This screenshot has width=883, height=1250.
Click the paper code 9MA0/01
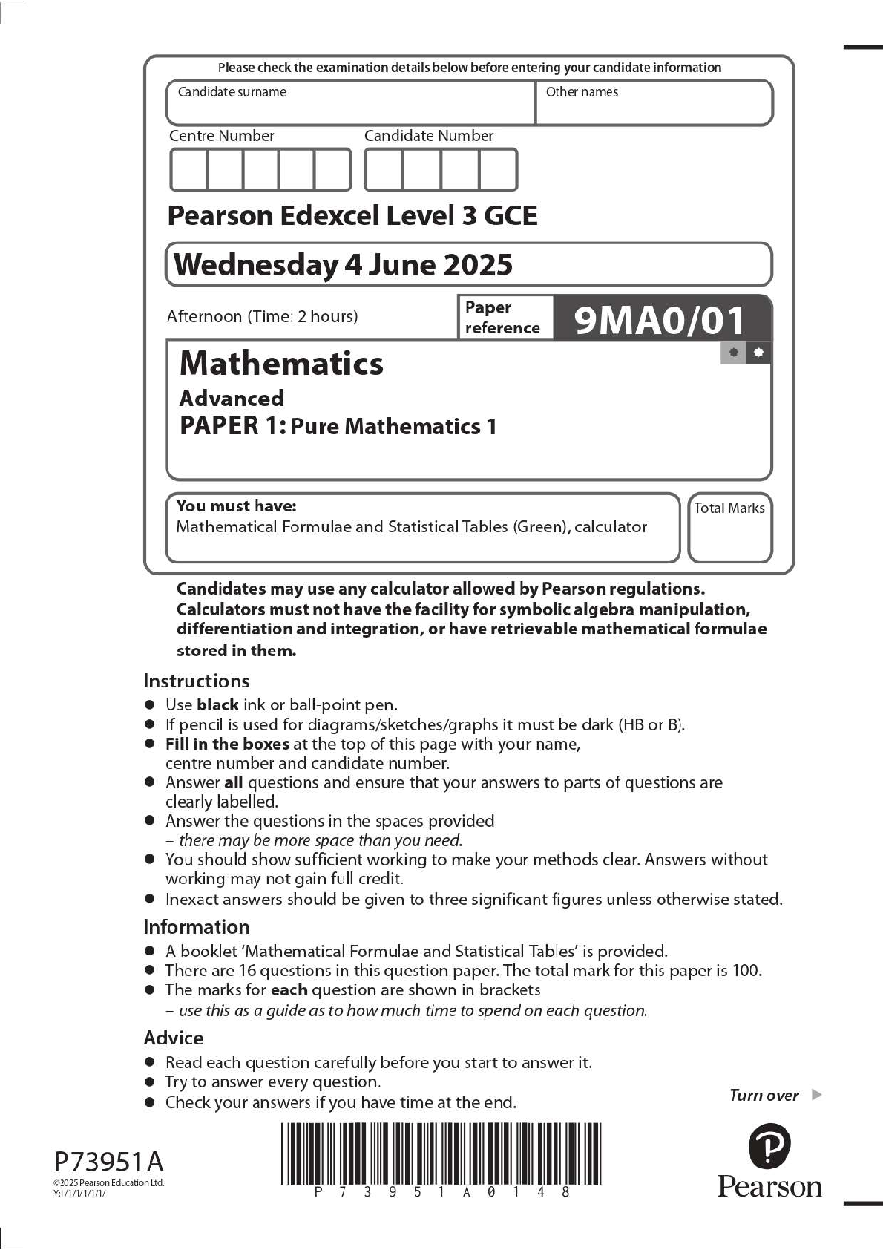(x=659, y=320)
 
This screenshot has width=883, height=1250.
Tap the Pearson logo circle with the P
(x=769, y=1146)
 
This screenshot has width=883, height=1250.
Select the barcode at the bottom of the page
(x=441, y=1154)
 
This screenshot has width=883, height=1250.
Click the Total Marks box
(x=729, y=528)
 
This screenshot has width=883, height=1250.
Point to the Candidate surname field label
(x=232, y=92)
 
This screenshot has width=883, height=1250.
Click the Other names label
(x=582, y=92)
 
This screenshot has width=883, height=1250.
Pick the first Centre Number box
(x=188, y=170)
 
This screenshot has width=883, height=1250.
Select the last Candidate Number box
(x=498, y=170)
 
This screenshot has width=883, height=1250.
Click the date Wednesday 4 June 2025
(x=343, y=265)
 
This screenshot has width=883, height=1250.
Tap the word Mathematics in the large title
(x=281, y=363)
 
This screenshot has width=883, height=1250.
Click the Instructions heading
(x=196, y=681)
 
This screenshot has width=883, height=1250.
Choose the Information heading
(x=196, y=926)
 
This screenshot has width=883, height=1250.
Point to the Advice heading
(x=173, y=1037)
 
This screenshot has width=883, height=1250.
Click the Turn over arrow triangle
(x=817, y=1094)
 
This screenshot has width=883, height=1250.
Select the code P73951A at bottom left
(x=108, y=1161)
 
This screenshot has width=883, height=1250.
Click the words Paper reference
(x=502, y=318)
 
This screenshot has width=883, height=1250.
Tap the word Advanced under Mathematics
(x=232, y=399)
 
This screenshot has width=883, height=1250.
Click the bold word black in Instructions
(x=217, y=704)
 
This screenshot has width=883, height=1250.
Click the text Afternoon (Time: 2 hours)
(x=262, y=316)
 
